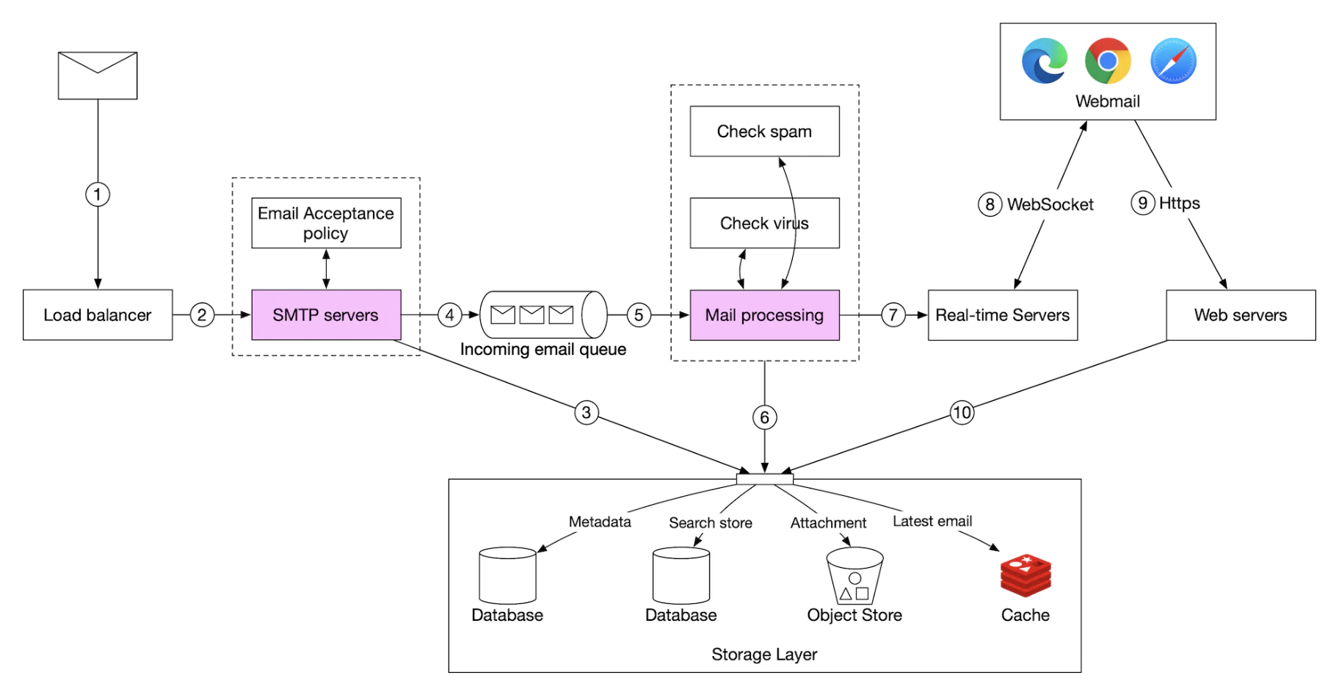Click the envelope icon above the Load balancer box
click(x=98, y=75)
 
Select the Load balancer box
click(x=98, y=315)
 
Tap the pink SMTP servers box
click(x=326, y=315)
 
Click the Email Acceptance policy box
click(x=326, y=223)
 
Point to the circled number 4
click(x=449, y=315)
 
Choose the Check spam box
click(x=764, y=132)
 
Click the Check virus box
click(x=764, y=223)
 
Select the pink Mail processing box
click(x=764, y=315)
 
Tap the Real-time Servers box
click(x=1002, y=315)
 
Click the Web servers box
click(x=1241, y=315)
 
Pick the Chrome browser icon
click(x=1108, y=61)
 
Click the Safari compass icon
click(x=1173, y=61)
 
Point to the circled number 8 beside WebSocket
click(x=990, y=204)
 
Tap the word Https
click(x=1179, y=204)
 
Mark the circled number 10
click(x=962, y=412)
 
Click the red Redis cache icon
click(x=1026, y=575)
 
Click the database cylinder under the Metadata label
click(x=507, y=575)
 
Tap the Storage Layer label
click(x=764, y=654)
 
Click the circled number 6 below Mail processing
click(x=764, y=418)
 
